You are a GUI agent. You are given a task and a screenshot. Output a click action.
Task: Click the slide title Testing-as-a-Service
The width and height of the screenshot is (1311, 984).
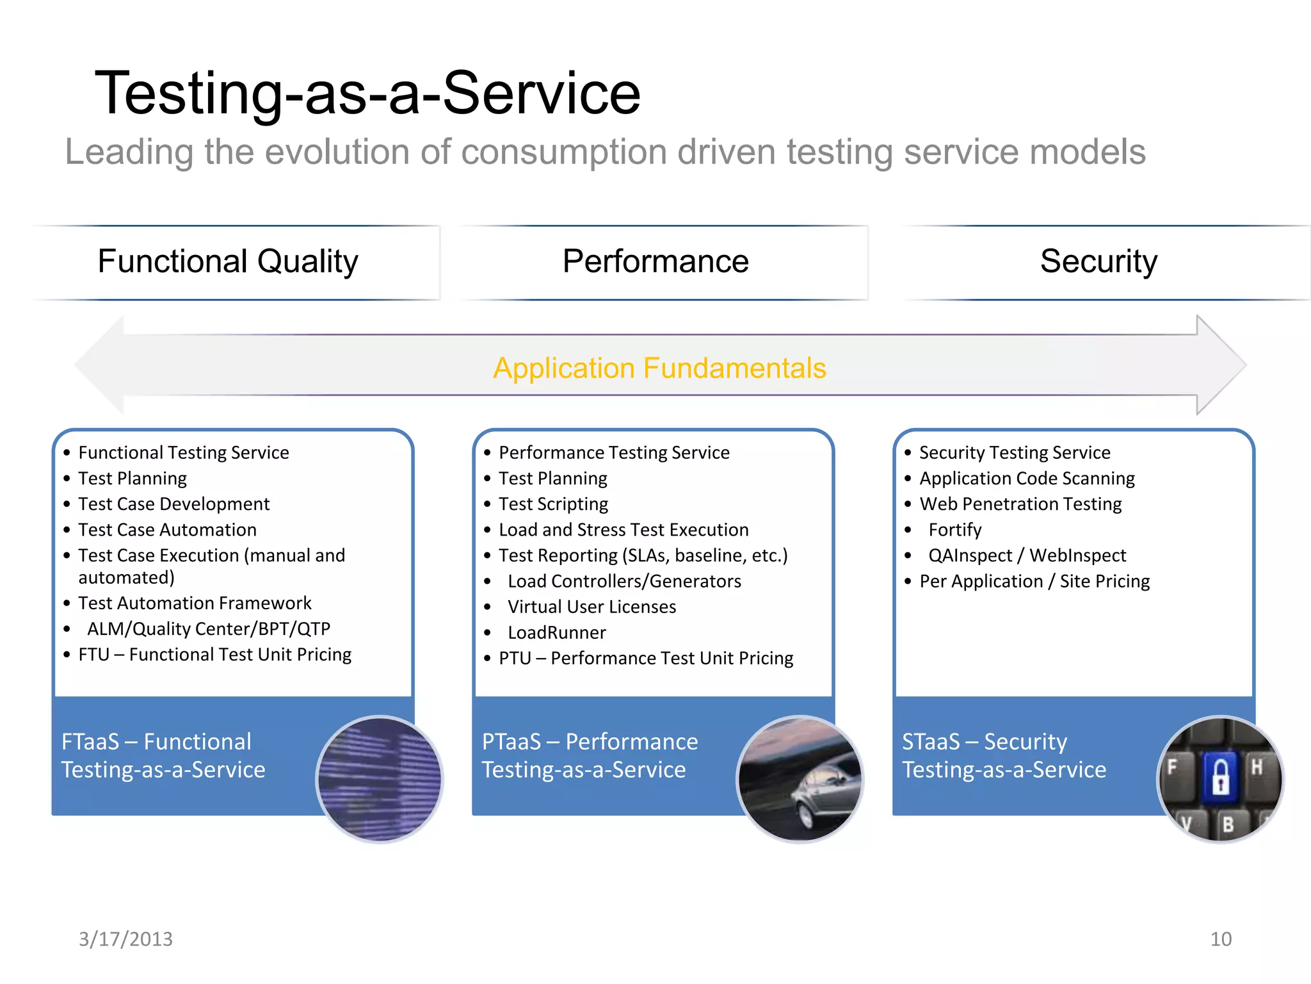point(367,94)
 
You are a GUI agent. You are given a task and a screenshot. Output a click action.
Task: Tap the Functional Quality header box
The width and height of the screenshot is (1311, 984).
point(228,261)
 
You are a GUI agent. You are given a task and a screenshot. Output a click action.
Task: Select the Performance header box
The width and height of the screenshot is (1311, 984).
point(655,261)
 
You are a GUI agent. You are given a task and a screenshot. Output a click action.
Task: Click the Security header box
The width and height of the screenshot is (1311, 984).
point(1098,261)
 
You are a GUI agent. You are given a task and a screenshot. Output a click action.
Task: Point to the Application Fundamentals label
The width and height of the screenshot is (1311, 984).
point(659,368)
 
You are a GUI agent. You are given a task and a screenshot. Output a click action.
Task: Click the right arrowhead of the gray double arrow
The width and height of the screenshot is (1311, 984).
point(1219,365)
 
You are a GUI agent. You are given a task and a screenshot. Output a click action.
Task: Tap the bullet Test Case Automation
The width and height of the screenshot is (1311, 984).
point(167,530)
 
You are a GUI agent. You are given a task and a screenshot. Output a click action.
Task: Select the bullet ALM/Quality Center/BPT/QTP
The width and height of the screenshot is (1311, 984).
point(209,628)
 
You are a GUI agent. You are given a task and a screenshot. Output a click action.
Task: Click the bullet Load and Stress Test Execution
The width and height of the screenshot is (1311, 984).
point(623,530)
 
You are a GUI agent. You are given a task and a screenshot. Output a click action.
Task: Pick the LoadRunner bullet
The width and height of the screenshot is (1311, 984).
point(556,632)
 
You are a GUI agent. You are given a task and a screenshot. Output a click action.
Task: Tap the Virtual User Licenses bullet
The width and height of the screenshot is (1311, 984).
point(591,607)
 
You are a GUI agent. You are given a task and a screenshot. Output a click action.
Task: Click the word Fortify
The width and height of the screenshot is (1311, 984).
point(954,530)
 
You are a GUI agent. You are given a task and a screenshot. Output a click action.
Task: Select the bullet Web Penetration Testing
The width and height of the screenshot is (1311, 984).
point(1020,504)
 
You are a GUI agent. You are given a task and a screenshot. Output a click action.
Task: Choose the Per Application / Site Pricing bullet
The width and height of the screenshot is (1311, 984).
point(1034,581)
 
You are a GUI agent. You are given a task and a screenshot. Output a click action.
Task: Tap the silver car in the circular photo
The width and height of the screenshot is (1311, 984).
point(823,791)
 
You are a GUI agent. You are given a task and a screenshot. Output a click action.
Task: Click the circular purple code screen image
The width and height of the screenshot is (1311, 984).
point(380,778)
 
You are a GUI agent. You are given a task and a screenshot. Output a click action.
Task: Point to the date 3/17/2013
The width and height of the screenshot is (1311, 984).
point(125,939)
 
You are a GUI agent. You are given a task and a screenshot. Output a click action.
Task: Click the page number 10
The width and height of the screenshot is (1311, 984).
point(1220,939)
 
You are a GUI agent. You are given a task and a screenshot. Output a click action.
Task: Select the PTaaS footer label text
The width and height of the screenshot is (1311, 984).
point(589,755)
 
